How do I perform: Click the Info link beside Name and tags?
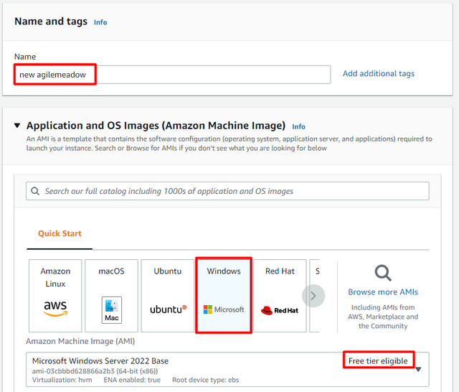100,22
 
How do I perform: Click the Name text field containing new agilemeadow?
172,75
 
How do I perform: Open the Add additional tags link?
379,73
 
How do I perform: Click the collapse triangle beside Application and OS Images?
17,126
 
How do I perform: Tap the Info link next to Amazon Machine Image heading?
298,126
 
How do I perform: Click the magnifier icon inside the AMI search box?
35,191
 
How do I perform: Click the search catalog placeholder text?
169,191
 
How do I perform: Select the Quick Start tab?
60,233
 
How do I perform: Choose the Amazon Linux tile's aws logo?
55,309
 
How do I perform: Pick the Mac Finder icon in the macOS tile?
112,310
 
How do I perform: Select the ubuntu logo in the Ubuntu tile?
169,309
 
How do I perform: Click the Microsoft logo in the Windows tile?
224,309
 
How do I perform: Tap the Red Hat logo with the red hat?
280,310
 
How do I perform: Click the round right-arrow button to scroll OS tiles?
313,296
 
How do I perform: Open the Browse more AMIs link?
383,292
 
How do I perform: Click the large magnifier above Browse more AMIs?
383,273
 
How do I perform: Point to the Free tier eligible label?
378,361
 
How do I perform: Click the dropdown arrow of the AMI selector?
418,369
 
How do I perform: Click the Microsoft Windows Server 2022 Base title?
100,361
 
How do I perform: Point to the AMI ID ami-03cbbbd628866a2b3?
73,371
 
